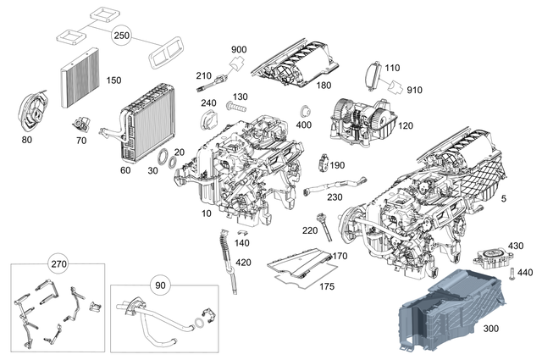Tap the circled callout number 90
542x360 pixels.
point(160,285)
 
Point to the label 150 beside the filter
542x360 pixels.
point(113,80)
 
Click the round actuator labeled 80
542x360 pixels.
point(33,108)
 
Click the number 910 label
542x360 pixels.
point(414,89)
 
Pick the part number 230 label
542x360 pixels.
point(335,197)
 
